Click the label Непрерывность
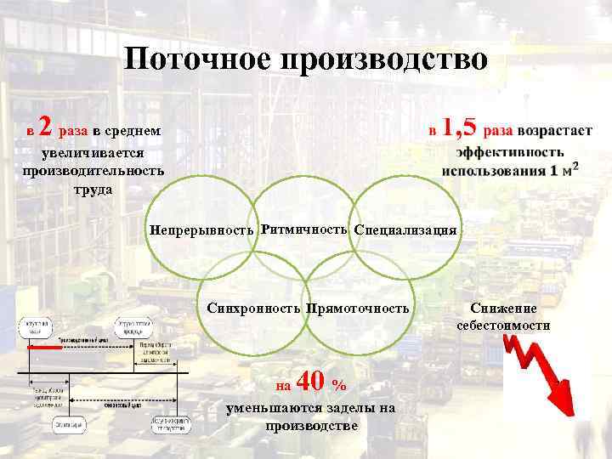coord(202,230)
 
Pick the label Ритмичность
coord(304,229)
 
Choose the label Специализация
coord(405,230)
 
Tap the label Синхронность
coord(252,308)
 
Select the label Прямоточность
coord(357,308)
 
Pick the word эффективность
coord(509,152)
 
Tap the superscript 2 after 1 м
coord(575,162)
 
